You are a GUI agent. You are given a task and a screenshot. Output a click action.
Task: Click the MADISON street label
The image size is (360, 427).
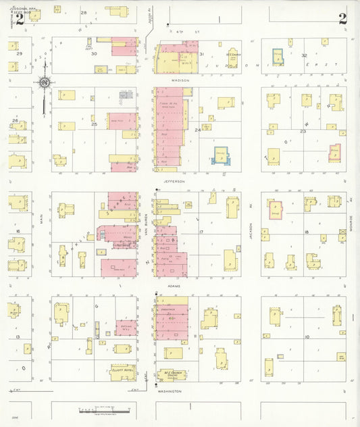[x=180, y=80]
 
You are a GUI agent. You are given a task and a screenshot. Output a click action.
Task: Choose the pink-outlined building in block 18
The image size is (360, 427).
[x=276, y=209]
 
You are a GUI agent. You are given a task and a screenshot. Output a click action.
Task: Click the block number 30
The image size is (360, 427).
[x=95, y=53]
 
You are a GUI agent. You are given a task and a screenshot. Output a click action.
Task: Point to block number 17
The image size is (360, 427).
[x=201, y=232]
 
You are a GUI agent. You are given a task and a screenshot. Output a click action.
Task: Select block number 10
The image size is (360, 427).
[x=307, y=336]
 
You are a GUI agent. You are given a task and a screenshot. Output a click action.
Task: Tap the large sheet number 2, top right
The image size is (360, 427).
[x=343, y=18]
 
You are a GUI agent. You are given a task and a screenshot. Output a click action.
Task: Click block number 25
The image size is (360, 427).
[x=95, y=124]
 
